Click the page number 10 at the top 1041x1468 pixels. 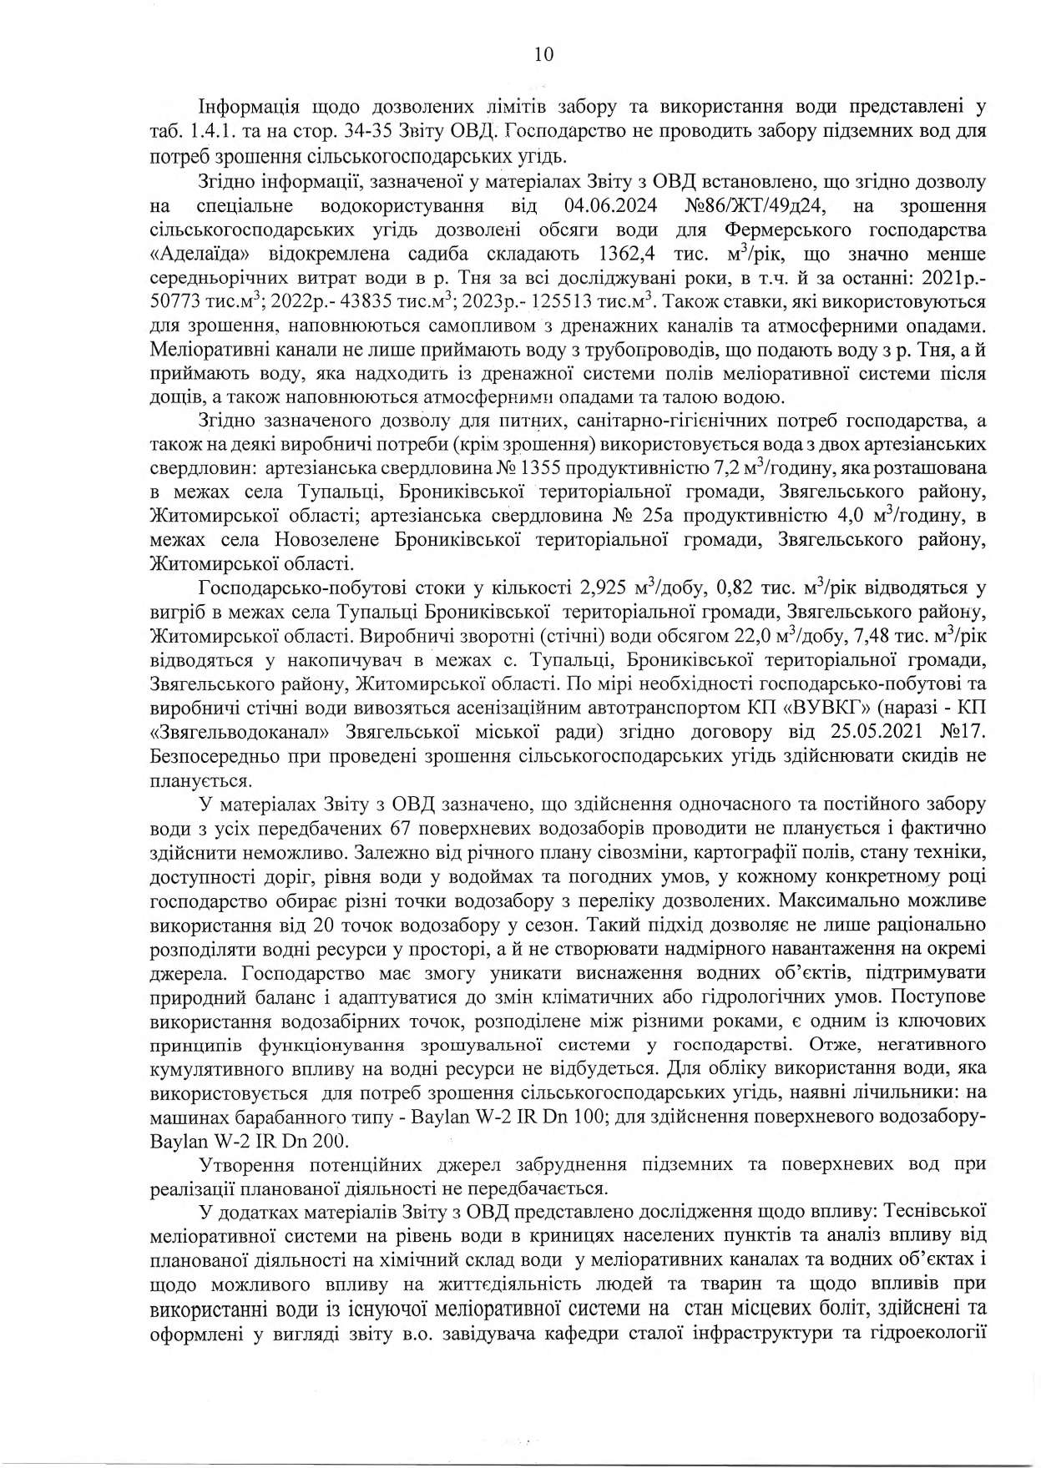(542, 55)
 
